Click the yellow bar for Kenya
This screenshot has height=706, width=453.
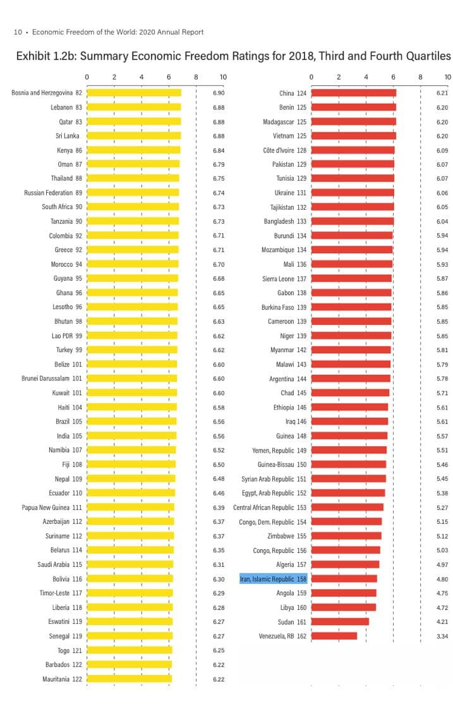133,150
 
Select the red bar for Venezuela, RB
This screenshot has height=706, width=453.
334,636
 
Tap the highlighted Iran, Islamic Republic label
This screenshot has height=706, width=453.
273,579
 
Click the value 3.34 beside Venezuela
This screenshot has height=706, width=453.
442,636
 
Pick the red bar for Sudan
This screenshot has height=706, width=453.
340,621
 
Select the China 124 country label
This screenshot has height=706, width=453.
293,93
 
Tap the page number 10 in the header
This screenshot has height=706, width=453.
18,32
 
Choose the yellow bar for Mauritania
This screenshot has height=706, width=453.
129,679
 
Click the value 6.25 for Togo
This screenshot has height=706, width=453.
219,650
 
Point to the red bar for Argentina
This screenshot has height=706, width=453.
351,379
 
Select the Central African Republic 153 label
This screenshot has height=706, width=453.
270,508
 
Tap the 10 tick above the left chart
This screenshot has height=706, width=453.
223,77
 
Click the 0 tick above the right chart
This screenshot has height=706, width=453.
311,77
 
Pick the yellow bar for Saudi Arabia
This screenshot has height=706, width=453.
130,564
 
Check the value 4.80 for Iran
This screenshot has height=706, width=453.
442,579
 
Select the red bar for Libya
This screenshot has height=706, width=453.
344,607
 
